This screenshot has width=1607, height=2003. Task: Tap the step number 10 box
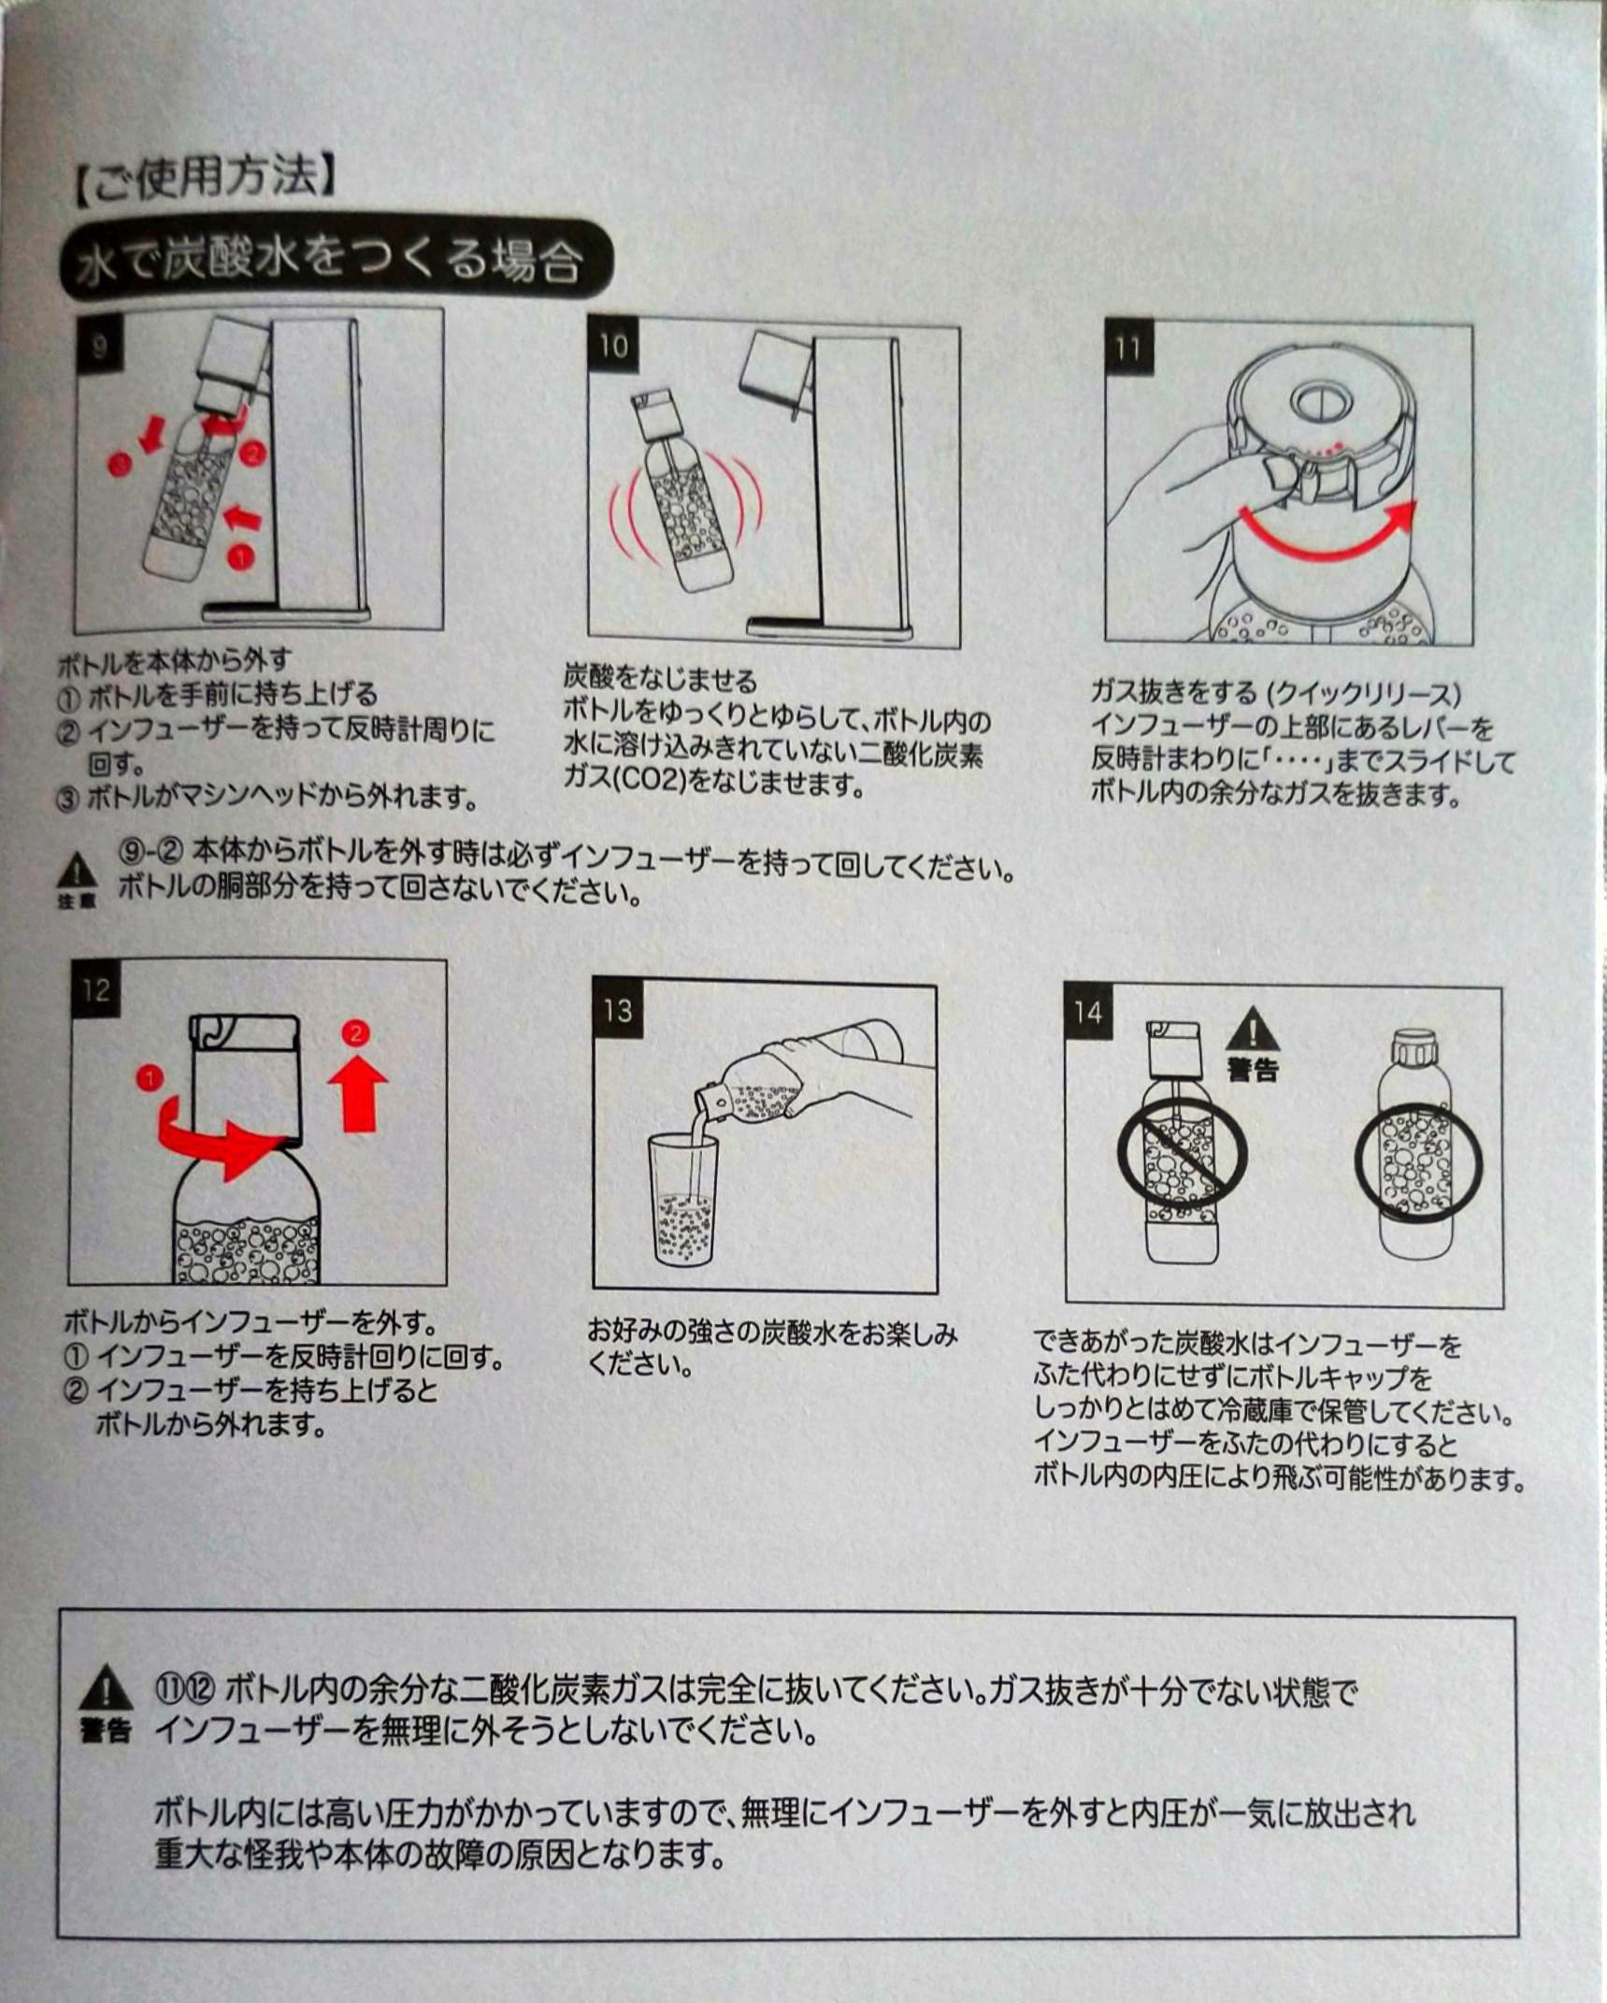tap(613, 347)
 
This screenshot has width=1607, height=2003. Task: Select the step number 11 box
tap(1128, 349)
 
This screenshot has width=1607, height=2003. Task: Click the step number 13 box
tap(618, 1011)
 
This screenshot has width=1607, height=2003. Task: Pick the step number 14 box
tap(1088, 1013)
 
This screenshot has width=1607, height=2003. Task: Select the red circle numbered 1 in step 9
tap(240, 556)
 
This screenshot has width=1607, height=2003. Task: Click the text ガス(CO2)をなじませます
tap(715, 784)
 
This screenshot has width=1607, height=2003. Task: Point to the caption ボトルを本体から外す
tap(175, 663)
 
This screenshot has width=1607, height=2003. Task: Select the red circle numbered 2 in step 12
tap(354, 1033)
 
